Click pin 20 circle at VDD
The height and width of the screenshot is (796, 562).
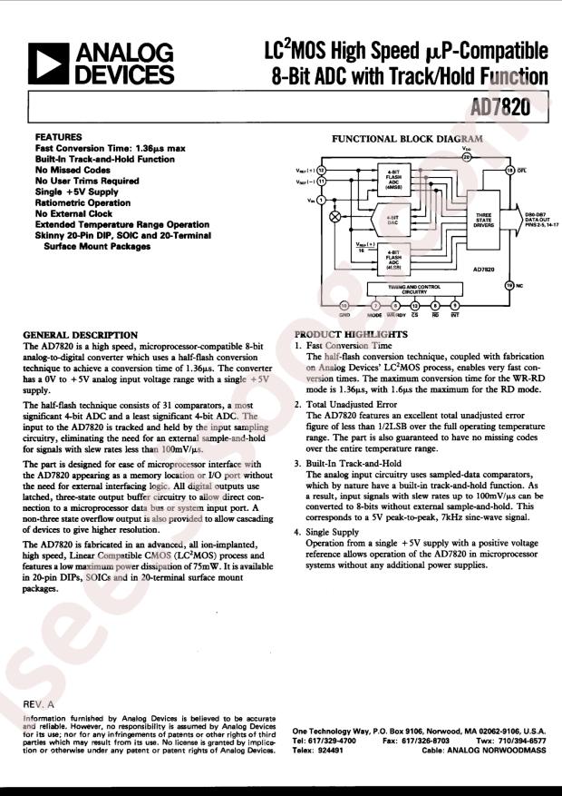point(467,156)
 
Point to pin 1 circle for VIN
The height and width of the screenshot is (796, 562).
point(320,201)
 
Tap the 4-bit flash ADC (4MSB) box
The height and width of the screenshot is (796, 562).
point(392,178)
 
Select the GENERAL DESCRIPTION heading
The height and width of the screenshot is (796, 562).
point(80,335)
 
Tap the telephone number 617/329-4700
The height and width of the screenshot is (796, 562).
point(342,741)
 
